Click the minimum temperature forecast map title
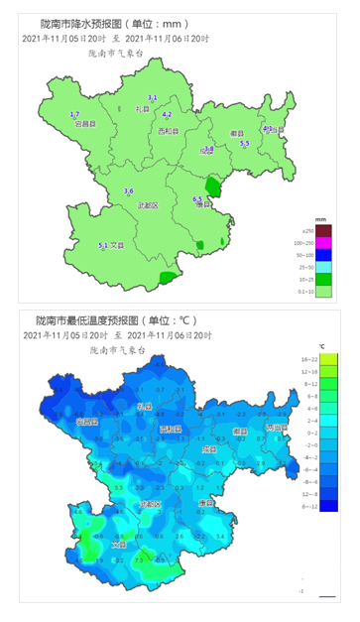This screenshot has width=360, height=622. [118, 320]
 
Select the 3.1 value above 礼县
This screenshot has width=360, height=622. [153, 96]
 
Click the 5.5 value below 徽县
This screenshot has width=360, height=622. [245, 145]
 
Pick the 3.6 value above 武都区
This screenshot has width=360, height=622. [128, 190]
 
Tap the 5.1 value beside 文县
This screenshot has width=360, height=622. [102, 245]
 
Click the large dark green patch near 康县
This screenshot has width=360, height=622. [211, 186]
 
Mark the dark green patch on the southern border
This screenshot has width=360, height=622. [171, 280]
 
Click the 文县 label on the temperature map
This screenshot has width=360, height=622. [119, 544]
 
